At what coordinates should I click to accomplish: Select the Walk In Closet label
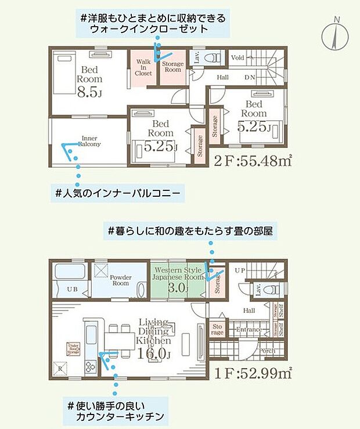tap(143, 67)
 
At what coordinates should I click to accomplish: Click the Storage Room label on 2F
tap(172, 67)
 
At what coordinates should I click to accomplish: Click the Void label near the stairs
tap(237, 58)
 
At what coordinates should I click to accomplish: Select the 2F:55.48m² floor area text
tap(252, 161)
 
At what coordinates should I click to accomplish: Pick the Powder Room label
tap(120, 280)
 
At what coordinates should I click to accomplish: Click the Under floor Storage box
tap(73, 348)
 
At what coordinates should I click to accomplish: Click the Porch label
tap(267, 350)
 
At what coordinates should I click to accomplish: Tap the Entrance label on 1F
tap(249, 330)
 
